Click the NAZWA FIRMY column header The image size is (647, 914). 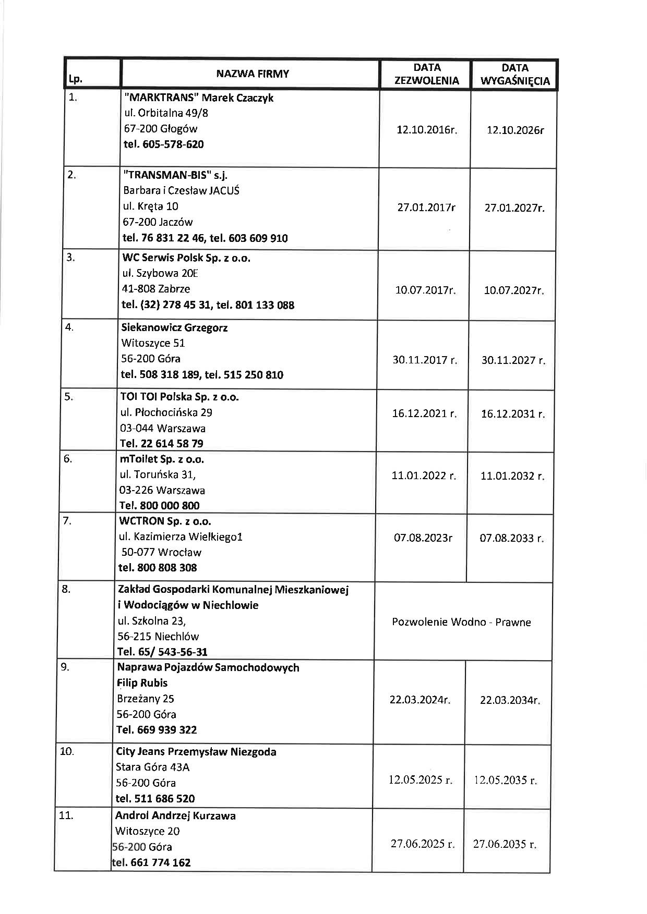coord(253,74)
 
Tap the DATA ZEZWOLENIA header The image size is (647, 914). coord(427,74)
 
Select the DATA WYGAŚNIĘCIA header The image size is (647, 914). coord(515,74)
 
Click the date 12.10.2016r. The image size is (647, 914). coord(427,130)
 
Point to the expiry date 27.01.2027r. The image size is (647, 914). coord(514,208)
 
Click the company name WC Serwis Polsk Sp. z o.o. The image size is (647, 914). coord(186,258)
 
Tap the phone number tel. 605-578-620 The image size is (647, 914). coord(164,144)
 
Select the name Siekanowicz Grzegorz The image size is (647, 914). coord(174,327)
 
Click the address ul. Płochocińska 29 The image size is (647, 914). coord(166,412)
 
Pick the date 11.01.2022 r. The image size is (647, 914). coord(424,476)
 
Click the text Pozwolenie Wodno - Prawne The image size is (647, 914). coord(461,622)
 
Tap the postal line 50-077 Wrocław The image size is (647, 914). coord(161,552)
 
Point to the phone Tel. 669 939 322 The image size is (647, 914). coord(157,729)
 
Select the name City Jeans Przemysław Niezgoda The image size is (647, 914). coord(196,751)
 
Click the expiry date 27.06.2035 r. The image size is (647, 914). coord(505,844)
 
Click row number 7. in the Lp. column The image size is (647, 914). coord(67,521)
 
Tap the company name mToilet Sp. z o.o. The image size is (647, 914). coord(162,459)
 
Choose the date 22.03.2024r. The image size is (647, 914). coord(420,699)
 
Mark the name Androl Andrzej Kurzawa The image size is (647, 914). coord(175,815)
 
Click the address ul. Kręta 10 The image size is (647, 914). coord(150,206)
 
